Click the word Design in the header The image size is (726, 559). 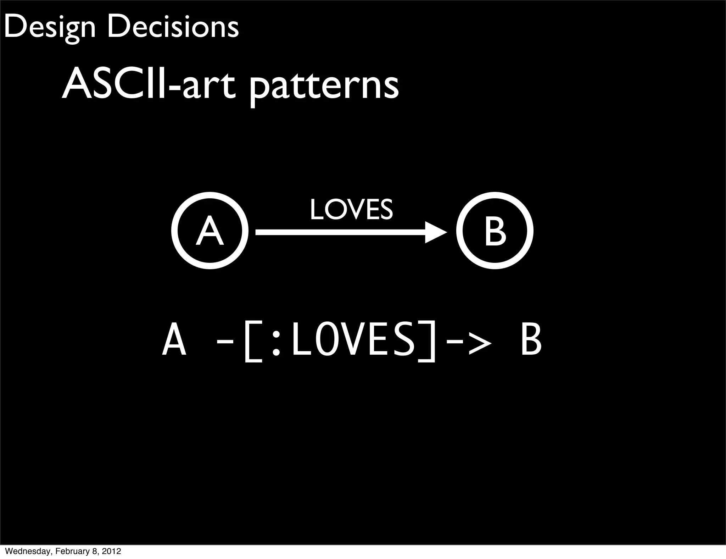50,28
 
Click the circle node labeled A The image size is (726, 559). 210,231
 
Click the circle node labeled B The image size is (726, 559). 495,231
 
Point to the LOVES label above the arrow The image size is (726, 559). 351,210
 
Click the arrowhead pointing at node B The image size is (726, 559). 435,232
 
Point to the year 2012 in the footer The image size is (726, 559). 112,552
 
